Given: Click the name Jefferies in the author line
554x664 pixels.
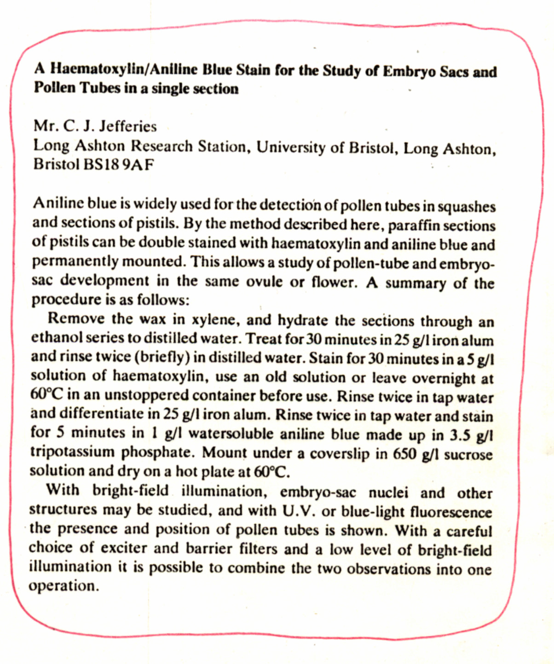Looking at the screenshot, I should click(x=128, y=126).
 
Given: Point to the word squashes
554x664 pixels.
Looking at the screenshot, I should click(x=466, y=207).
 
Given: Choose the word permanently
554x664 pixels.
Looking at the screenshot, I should click(x=73, y=262).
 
